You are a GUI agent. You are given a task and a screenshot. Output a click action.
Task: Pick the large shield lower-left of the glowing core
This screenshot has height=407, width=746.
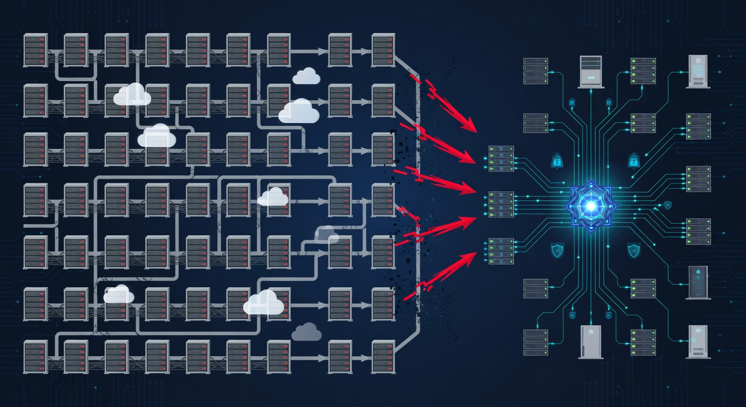pos(557,250)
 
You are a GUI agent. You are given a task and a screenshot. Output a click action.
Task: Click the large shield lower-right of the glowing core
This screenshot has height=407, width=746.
pos(633,250)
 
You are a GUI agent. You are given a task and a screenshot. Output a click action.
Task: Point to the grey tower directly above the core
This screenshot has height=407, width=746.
pos(591,71)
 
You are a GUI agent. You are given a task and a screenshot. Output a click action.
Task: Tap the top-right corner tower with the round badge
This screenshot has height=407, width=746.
pos(698,71)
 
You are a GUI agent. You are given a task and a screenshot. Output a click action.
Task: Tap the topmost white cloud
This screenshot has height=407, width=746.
pos(306,76)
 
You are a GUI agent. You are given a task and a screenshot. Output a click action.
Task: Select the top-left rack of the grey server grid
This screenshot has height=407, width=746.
pos(35,50)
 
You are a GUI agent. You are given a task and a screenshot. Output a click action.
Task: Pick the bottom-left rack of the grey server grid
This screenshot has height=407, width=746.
pos(35,357)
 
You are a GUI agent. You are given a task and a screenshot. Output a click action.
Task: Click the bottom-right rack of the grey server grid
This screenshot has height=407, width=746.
pos(383,357)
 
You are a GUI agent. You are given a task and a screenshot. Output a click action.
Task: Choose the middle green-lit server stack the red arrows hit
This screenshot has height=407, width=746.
pos(501,204)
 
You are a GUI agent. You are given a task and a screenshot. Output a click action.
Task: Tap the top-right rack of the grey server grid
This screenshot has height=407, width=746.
pos(383,50)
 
